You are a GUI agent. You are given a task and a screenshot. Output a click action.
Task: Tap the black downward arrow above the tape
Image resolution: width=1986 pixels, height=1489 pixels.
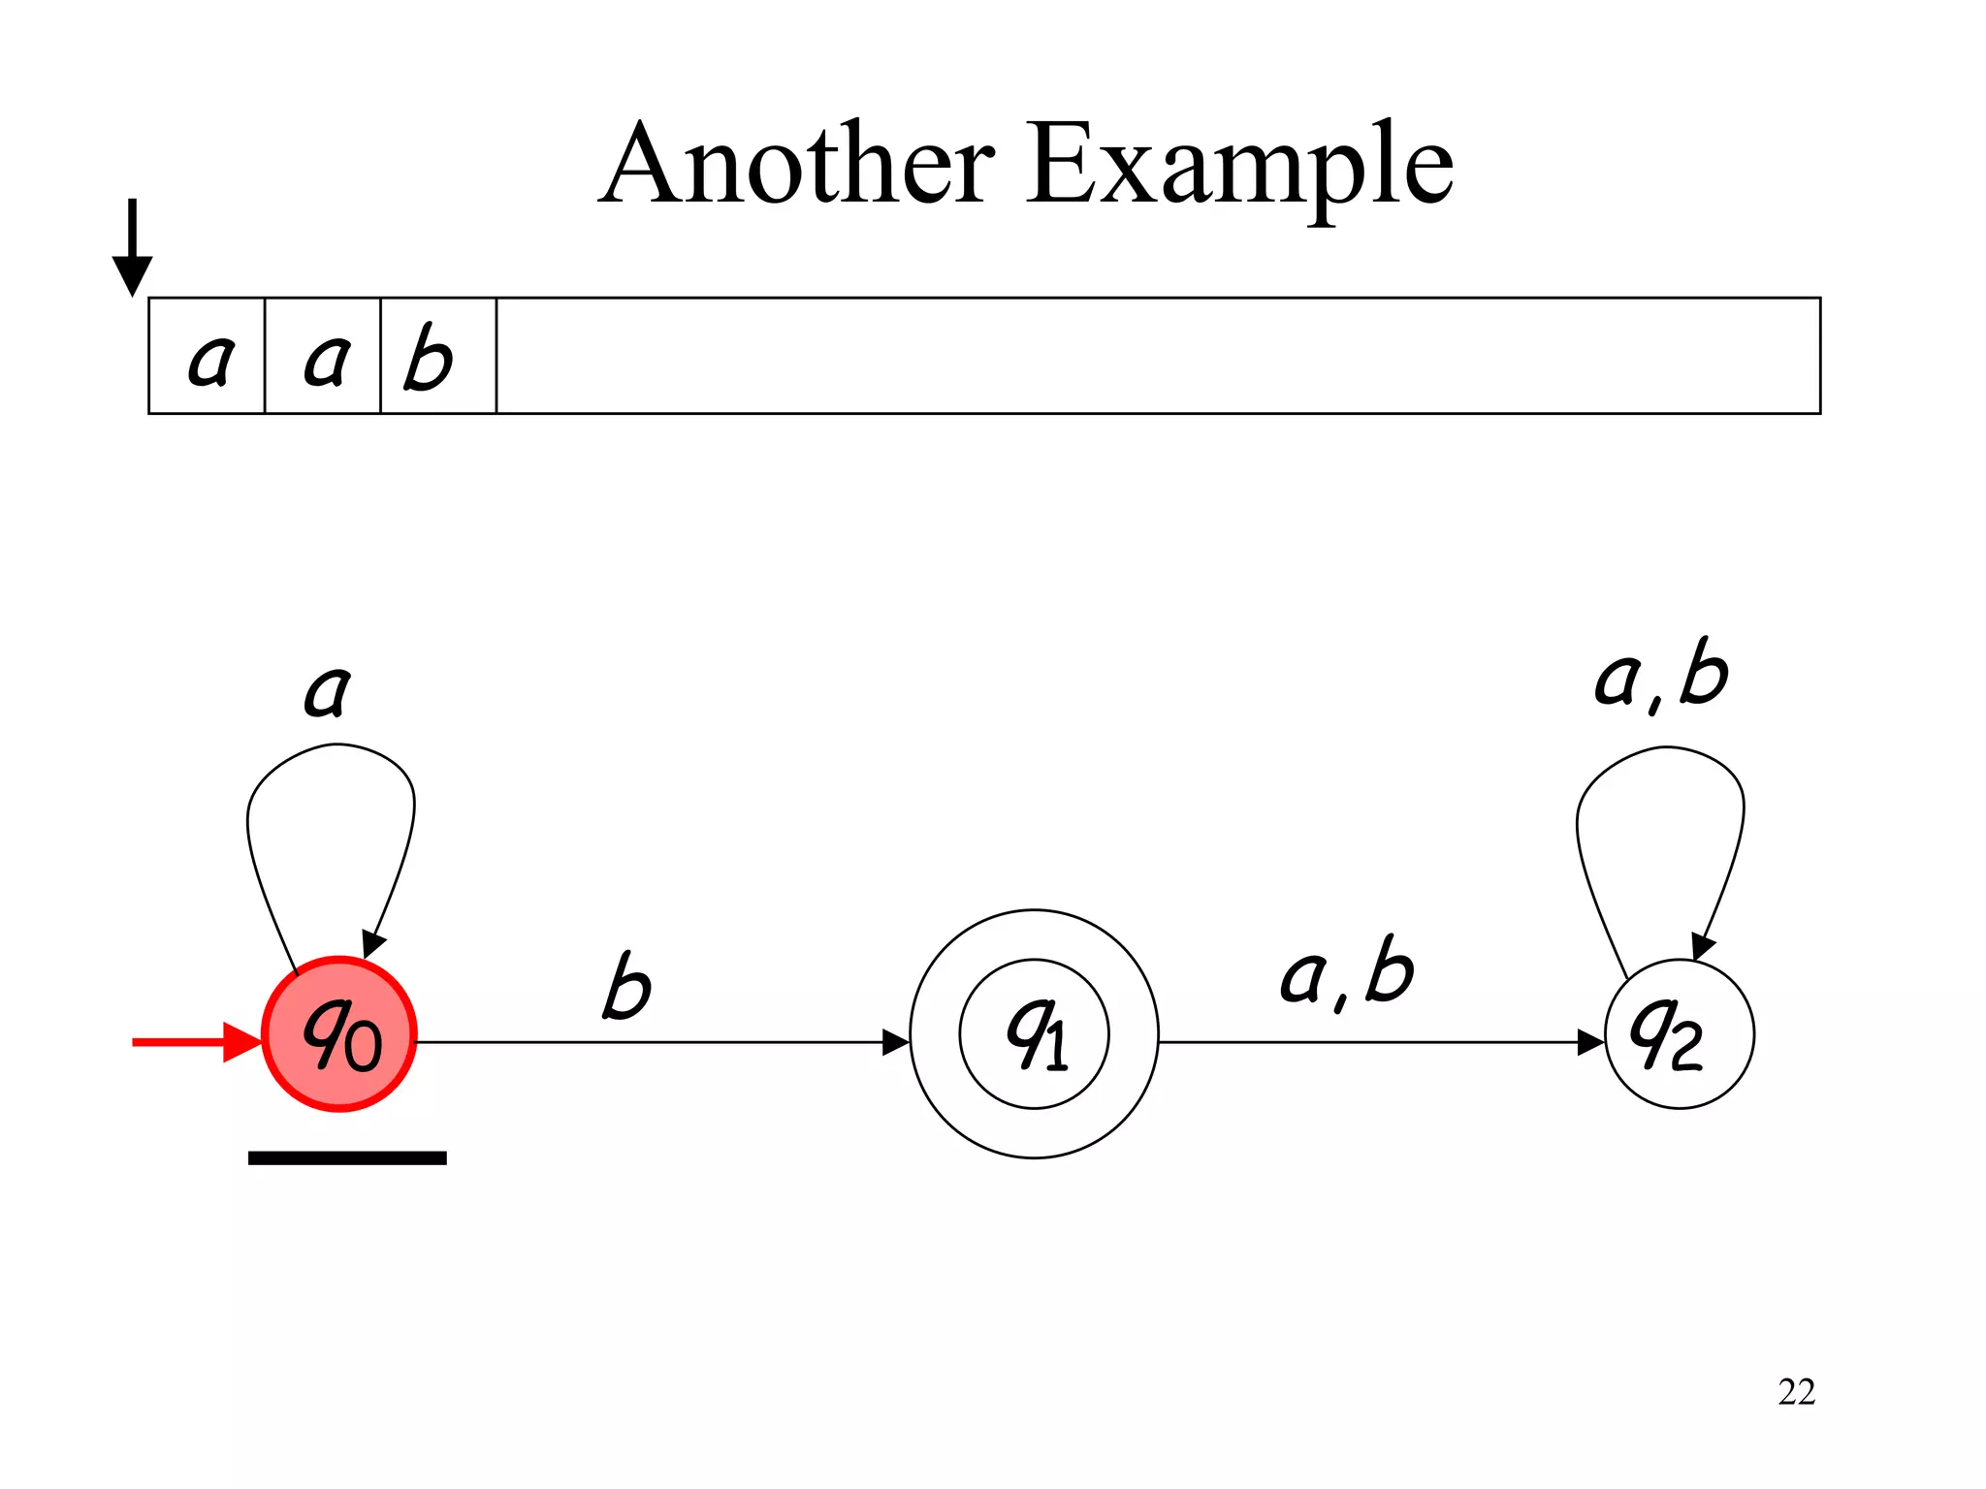coord(133,247)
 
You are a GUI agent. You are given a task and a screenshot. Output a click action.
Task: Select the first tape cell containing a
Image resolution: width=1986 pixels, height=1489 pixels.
coord(208,357)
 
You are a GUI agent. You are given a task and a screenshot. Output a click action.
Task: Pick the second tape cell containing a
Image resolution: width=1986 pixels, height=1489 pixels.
coord(324,357)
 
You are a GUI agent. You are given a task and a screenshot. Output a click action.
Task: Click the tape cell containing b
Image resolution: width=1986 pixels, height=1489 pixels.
coord(438,357)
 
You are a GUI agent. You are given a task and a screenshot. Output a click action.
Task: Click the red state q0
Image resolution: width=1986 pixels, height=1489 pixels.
coord(339,1033)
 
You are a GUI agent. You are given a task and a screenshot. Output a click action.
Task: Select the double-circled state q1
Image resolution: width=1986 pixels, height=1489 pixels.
coord(1034,1033)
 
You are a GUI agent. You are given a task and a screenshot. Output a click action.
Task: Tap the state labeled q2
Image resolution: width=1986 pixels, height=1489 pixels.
coord(1679,1033)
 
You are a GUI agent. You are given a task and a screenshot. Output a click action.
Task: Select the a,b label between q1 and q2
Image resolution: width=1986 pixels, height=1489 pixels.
coord(1347,971)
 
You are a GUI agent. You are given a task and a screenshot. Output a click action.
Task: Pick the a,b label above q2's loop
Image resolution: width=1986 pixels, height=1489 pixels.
coord(1661,675)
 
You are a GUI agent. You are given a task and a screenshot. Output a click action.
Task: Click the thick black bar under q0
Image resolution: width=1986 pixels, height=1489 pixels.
coord(347,1157)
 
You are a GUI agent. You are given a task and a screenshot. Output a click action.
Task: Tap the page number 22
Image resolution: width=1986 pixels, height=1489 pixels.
coord(1796,1392)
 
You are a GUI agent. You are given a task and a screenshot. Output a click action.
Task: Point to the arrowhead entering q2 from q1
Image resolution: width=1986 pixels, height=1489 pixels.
coord(1590,1042)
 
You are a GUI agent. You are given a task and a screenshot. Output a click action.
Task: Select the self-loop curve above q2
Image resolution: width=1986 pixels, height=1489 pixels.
coord(1664,747)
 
